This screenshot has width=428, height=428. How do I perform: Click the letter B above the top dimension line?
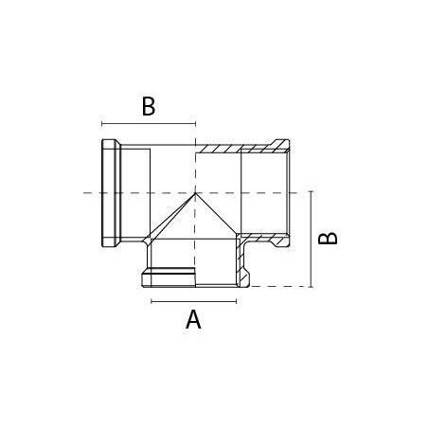[149, 106]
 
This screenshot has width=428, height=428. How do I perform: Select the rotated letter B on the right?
[328, 239]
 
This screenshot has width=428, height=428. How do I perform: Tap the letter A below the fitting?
[193, 319]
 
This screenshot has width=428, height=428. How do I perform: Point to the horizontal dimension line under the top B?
[149, 124]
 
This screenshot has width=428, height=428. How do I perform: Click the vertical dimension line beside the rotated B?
[312, 240]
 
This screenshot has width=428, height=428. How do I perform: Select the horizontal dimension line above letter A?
[194, 301]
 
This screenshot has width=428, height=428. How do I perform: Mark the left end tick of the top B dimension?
[102, 124]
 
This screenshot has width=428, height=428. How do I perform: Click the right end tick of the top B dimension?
[196, 124]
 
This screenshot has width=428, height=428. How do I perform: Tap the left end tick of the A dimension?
[152, 301]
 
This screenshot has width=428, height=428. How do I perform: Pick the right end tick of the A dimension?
[237, 301]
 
